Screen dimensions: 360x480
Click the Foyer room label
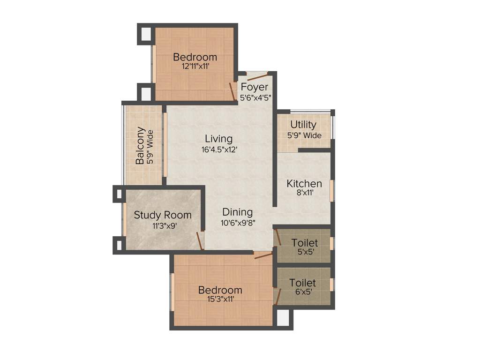click(255, 87)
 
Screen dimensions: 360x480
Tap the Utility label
click(303, 125)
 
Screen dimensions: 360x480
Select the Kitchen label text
click(304, 183)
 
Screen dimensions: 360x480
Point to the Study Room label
click(163, 215)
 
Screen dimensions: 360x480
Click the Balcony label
click(140, 145)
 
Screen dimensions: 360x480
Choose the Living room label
click(218, 139)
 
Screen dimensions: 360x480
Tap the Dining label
click(237, 212)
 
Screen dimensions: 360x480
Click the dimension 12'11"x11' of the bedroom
click(195, 67)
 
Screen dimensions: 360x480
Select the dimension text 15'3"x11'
click(220, 299)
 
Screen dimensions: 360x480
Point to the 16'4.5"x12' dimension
click(218, 150)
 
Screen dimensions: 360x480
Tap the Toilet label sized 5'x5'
click(305, 243)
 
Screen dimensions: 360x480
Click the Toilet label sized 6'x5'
click(302, 283)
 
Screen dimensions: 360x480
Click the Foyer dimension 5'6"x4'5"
click(255, 98)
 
